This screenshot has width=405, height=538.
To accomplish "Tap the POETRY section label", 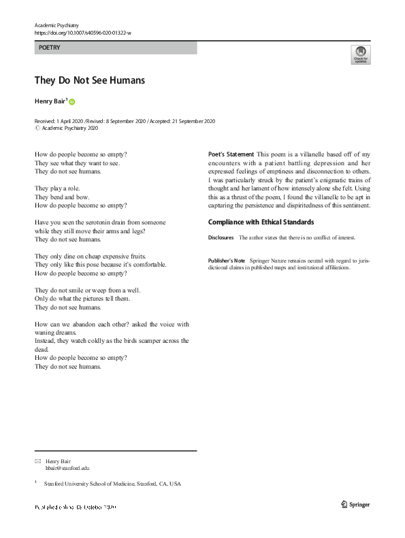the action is coord(50,48).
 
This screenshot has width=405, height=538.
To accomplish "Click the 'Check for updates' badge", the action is coord(360,54).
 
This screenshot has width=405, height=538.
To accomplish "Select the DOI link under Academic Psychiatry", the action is coord(82,32).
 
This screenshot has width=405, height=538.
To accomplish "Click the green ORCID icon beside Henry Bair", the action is coord(72,101).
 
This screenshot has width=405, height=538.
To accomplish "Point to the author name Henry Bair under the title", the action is coord(50,101).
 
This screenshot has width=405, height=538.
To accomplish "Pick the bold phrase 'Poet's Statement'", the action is coord(231,154).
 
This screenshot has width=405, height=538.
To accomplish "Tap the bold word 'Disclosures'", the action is coord(221,237).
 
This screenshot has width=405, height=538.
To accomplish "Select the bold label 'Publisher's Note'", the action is coord(226,260).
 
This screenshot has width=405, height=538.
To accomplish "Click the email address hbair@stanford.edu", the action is coord(67,468).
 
